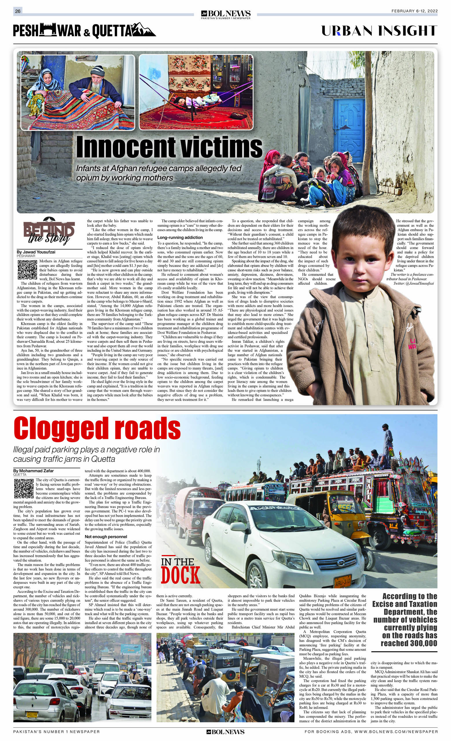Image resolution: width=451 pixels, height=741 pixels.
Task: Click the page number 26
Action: pos(18,11)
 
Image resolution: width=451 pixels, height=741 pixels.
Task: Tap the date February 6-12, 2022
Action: pos(414,11)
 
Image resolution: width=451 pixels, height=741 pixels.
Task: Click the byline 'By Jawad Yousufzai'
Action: pos(36,252)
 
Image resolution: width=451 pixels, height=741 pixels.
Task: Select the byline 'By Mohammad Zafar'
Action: pos(33,471)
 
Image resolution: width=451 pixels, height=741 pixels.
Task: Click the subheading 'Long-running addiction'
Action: pos(180,237)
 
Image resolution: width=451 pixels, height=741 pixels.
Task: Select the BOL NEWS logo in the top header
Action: pos(226,14)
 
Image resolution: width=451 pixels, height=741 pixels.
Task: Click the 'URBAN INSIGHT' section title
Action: pos(379,31)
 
